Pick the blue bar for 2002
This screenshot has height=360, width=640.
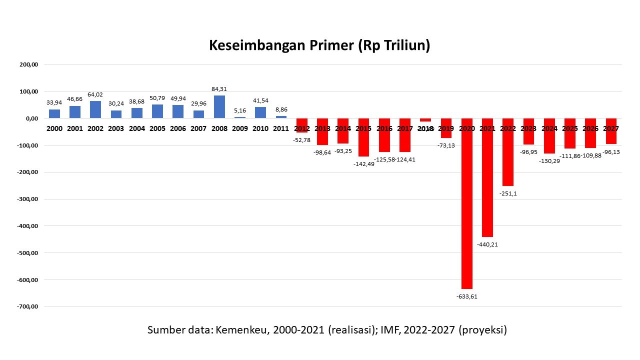95,110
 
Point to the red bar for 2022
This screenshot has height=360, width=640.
508,152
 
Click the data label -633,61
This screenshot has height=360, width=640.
466,296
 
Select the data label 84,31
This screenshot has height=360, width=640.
219,89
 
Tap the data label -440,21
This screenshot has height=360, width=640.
487,244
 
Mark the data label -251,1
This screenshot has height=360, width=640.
508,193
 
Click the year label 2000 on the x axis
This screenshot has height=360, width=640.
54,128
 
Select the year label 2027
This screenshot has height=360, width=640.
611,128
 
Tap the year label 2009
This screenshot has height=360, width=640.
239,128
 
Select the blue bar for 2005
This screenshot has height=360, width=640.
157,111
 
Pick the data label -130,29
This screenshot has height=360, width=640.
549,161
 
